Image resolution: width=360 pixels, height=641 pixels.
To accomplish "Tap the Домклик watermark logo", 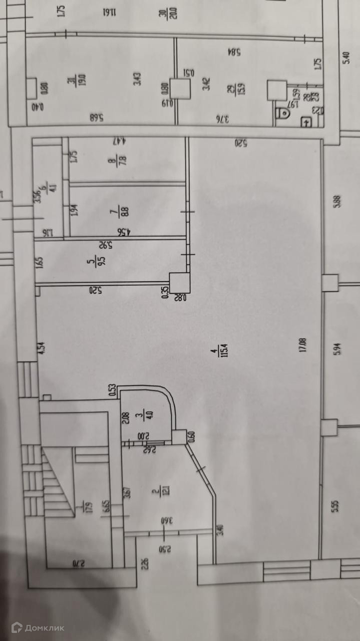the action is point(39,627).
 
